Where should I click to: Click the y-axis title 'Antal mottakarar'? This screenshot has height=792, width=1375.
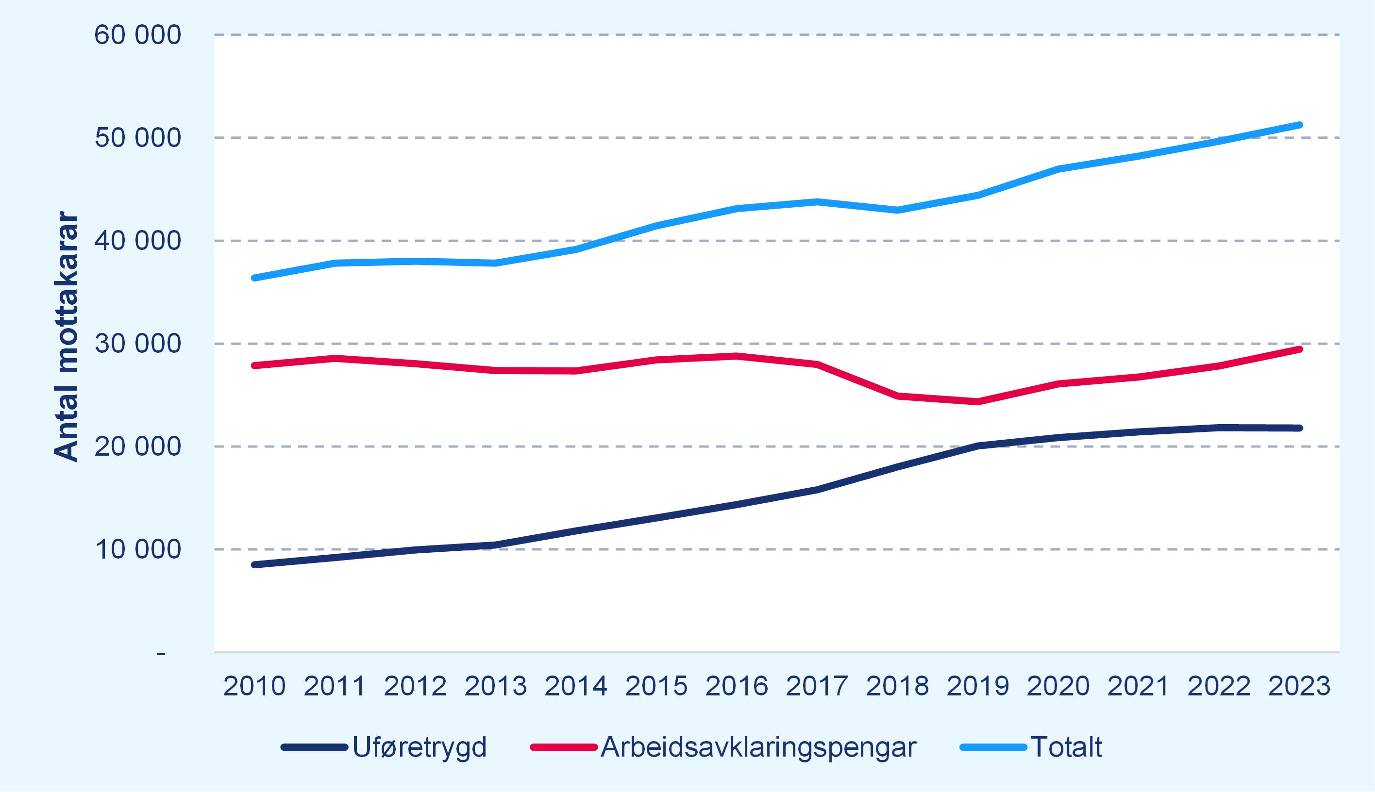67,337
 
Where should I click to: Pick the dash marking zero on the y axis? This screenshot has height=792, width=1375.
161,653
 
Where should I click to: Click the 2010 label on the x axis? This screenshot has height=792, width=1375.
254,686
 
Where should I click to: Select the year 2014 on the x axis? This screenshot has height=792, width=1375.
576,686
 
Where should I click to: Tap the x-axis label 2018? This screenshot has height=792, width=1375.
897,686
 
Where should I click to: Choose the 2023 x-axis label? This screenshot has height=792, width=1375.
1299,686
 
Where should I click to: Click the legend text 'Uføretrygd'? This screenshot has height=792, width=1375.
419,747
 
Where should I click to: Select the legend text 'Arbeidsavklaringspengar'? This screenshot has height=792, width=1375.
758,747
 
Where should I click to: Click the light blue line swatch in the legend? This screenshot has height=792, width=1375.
993,747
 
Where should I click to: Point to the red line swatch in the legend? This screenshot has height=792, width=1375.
564,747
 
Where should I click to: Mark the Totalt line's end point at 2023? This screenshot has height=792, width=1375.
1299,125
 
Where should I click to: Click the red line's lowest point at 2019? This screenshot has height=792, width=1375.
978,402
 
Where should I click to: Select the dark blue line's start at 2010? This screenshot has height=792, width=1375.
254,564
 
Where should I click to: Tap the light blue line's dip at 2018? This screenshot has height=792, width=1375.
897,210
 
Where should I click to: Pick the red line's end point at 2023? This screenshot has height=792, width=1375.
1299,349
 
